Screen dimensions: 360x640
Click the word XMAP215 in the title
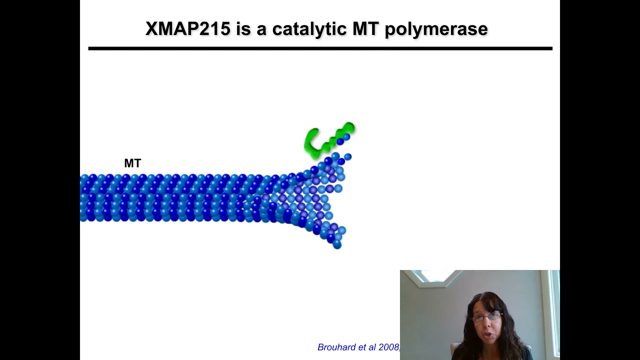pos(187,29)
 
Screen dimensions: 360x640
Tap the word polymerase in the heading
pos(436,29)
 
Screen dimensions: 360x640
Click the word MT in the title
pos(365,29)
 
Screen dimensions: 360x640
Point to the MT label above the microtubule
pos(132,163)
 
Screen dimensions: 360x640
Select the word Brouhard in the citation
pos(337,347)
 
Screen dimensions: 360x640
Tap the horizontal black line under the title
pos(320,48)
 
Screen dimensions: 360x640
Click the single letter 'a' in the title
pos(261,29)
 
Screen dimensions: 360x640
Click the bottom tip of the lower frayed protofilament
pos(337,245)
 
